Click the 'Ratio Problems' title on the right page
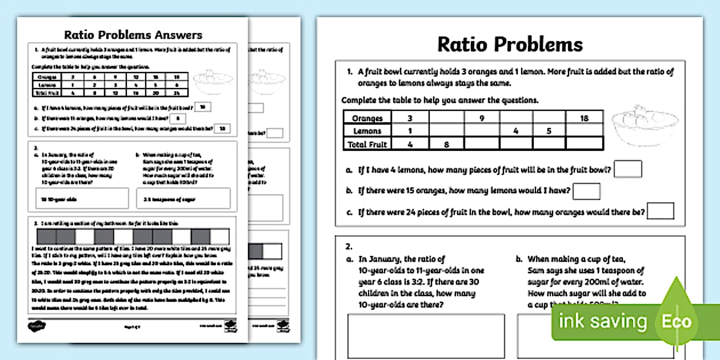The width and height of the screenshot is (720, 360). point(510,44)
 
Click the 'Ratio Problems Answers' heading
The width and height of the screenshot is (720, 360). point(133,35)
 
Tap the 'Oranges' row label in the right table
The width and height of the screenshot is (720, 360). point(367,118)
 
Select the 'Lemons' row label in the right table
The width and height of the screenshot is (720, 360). point(367,131)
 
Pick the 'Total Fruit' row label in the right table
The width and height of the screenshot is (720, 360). point(367,145)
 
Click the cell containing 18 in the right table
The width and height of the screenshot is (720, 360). point(584,118)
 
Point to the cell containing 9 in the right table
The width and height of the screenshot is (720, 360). point(481,118)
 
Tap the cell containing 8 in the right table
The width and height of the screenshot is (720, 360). point(446,145)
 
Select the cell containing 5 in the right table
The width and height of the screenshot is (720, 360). point(549,131)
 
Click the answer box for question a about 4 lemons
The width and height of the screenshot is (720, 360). point(627,169)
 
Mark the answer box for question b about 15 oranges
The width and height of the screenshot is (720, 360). point(586,191)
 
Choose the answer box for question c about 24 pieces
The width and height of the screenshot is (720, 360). point(660,211)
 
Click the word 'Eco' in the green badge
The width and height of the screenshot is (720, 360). point(677,321)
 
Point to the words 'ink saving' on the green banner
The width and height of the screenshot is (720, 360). point(602,322)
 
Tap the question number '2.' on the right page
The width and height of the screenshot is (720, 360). point(349,247)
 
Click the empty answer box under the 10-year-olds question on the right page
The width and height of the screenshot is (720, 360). point(426,336)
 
